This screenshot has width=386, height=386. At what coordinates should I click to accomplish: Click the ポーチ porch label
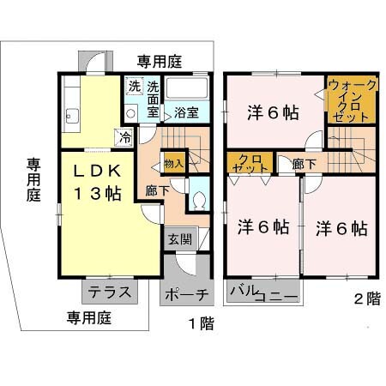pos(184,294)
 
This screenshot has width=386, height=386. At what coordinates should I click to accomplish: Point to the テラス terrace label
pos(110,292)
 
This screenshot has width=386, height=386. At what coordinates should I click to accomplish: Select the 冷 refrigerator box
pos(125,137)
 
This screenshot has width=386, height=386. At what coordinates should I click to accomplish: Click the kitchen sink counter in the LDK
pos(71,112)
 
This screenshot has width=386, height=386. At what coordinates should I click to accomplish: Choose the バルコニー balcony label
pos(263,293)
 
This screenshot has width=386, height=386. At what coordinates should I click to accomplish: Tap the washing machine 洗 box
pos(134,86)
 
